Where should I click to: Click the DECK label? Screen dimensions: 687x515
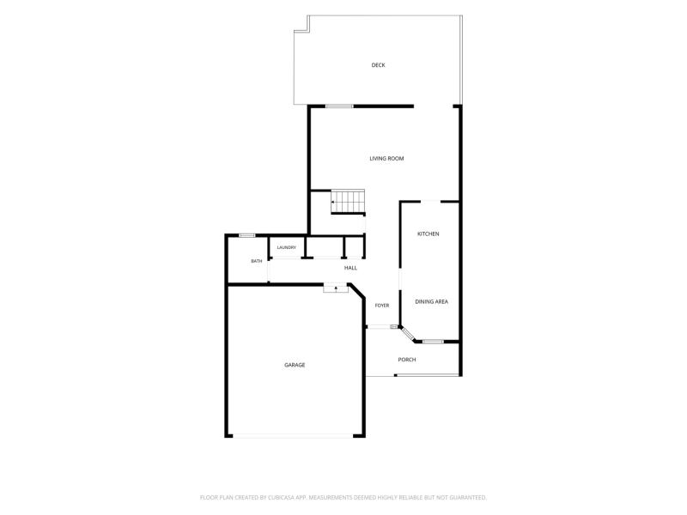pyautogui.click(x=378, y=65)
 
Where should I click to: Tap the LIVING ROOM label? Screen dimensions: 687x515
pyautogui.click(x=386, y=159)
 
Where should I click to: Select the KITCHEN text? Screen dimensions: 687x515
pyautogui.click(x=428, y=233)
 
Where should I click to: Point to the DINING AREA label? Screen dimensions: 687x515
pyautogui.click(x=432, y=302)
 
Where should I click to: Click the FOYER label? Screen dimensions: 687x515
pyautogui.click(x=382, y=306)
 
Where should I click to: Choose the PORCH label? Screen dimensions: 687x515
pyautogui.click(x=406, y=360)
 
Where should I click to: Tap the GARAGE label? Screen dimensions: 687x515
pyautogui.click(x=295, y=365)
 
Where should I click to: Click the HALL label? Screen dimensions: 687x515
pyautogui.click(x=350, y=268)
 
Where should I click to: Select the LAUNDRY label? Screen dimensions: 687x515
pyautogui.click(x=287, y=247)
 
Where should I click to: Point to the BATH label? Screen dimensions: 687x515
pyautogui.click(x=256, y=261)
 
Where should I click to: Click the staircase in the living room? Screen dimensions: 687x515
pyautogui.click(x=348, y=202)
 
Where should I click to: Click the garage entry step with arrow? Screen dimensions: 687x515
pyautogui.click(x=336, y=288)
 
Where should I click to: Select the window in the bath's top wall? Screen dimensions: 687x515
pyautogui.click(x=247, y=235)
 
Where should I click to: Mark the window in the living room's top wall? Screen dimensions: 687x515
pyautogui.click(x=339, y=106)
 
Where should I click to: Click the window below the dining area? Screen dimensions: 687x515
pyautogui.click(x=433, y=342)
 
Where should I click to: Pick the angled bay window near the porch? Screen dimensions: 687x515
pyautogui.click(x=408, y=334)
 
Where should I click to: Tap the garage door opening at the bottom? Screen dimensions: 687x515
pyautogui.click(x=293, y=436)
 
